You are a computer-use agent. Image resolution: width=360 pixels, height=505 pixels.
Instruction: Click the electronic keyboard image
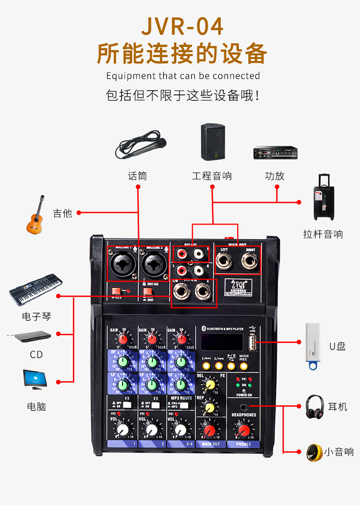pos(35,290)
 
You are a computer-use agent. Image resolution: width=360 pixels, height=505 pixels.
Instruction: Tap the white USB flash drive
pos(314,345)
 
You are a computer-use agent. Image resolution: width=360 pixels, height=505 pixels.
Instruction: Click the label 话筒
pos(137,176)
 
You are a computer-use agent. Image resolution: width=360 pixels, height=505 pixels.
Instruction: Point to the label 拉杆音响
pos(323,234)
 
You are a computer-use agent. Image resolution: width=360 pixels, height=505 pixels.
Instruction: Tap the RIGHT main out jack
pos(250,262)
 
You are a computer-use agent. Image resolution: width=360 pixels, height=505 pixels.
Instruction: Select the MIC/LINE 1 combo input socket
pos(121,264)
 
